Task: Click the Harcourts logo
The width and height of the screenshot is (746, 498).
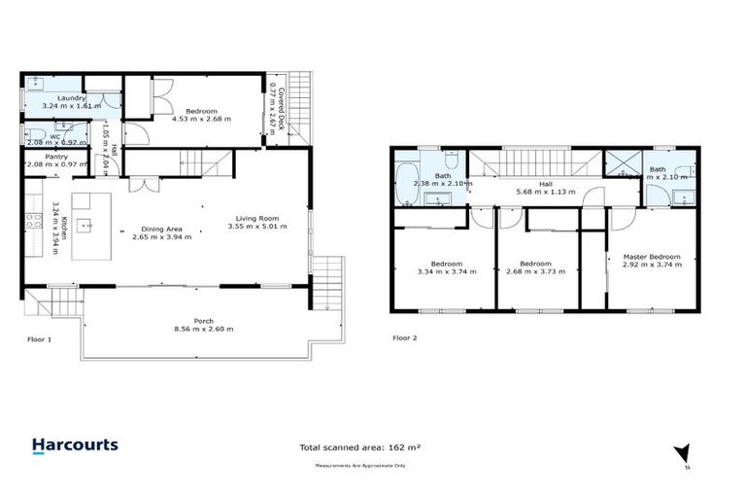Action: point(75,445)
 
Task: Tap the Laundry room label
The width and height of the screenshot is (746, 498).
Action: point(71,98)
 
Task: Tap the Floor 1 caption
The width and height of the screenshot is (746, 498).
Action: point(40,339)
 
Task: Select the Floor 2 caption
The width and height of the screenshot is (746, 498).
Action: point(404,338)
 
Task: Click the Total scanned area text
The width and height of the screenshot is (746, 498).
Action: point(359,447)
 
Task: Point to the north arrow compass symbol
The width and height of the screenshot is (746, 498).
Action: point(685,453)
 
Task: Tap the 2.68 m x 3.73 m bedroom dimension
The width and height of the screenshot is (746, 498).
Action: point(535,271)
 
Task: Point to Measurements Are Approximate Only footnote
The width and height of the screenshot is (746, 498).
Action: point(359,466)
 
